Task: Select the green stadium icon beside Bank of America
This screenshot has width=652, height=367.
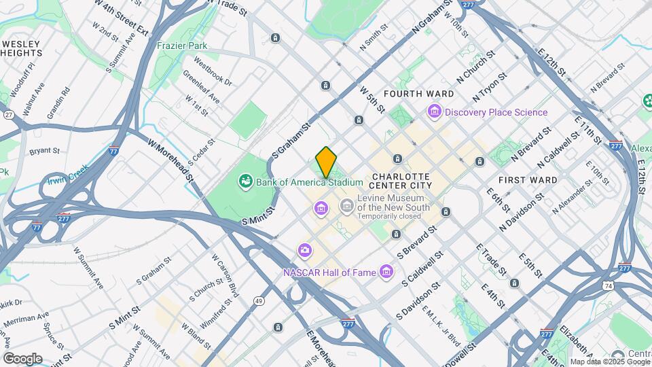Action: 244,181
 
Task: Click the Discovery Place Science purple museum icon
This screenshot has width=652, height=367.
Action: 435,111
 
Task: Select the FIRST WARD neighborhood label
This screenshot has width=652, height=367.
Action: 528,180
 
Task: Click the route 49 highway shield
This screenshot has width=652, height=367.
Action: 259,300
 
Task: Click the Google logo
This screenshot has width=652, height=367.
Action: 22,358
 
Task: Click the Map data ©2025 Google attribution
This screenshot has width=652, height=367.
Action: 609,362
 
